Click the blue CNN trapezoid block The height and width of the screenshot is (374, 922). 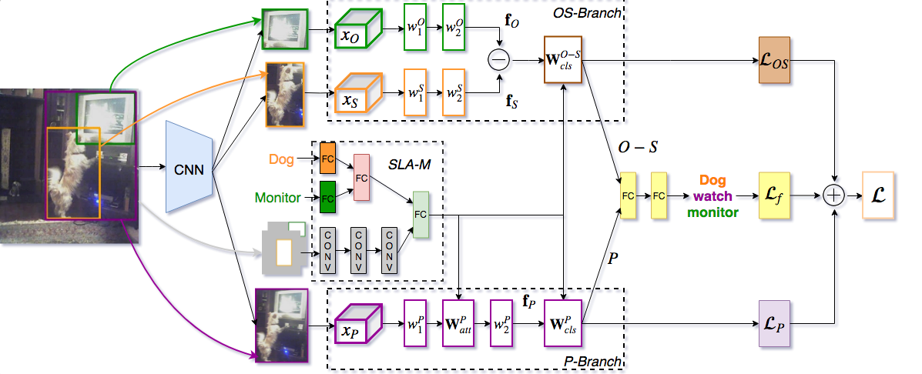[189, 168]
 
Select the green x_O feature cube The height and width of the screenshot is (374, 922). [360, 33]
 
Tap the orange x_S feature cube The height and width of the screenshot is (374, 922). [360, 98]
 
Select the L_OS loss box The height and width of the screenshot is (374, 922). [775, 58]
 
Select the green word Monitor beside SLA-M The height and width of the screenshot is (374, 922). [277, 198]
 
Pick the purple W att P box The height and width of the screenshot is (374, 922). [459, 323]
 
